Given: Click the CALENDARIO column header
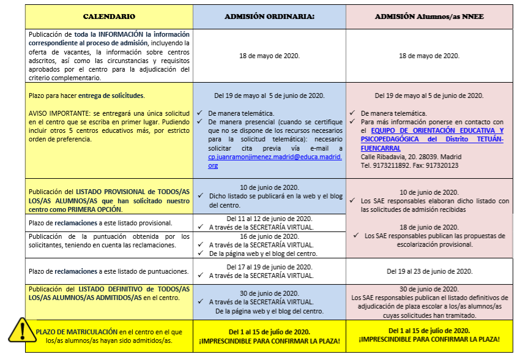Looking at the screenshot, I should pos(109,17).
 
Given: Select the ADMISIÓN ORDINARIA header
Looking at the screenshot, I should pos(269,17).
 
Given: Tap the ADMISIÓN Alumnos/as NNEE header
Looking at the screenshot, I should pos(429,17).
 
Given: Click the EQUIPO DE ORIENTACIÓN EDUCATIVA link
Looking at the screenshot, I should pos(432,135).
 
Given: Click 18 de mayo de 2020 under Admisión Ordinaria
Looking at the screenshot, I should pos(269,55).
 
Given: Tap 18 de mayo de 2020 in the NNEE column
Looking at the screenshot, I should pos(429,55).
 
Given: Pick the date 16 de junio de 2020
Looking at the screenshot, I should pos(269,235).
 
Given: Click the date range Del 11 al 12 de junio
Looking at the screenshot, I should pos(269,218).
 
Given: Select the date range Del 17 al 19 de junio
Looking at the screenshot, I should pos(269,267).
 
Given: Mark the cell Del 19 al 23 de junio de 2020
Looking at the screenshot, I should pos(429,271).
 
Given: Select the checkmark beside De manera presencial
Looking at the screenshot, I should pos(200,122).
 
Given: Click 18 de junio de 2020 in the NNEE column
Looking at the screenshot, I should pos(429,227).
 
